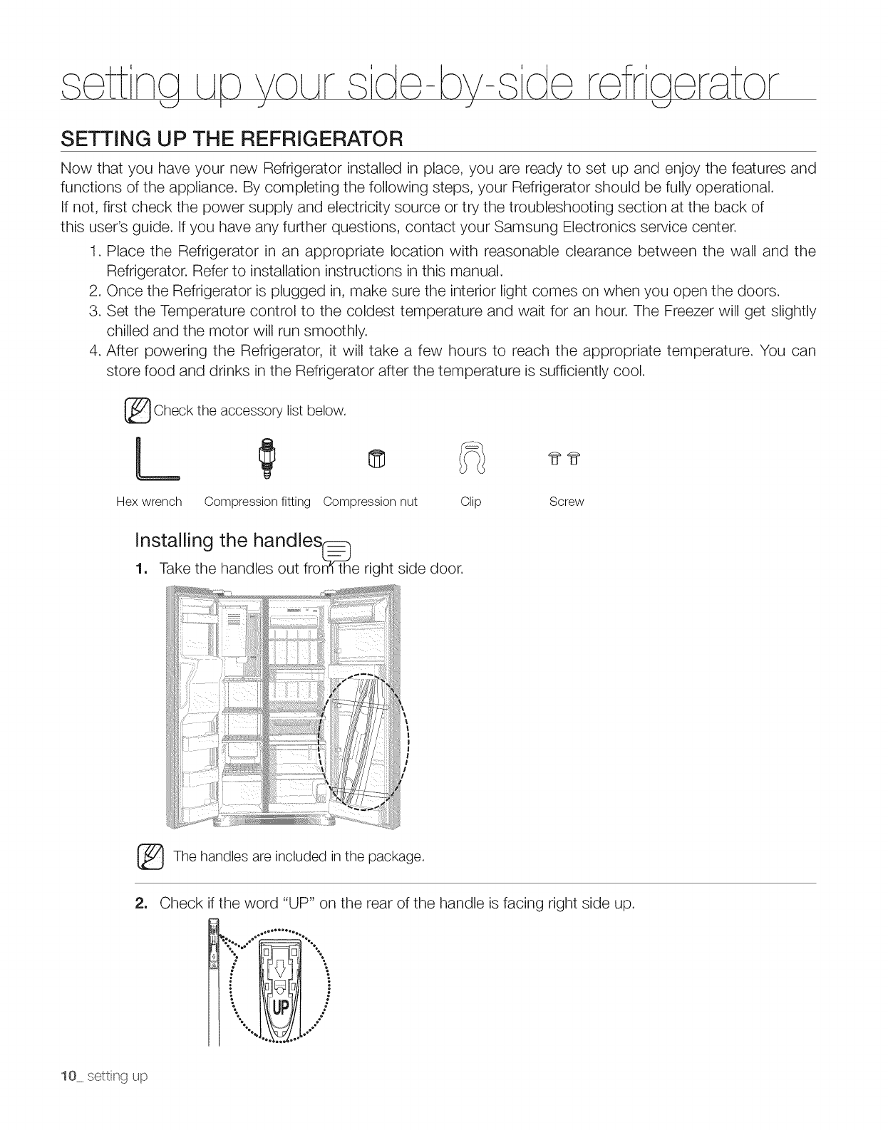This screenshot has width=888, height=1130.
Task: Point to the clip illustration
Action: [x=471, y=457]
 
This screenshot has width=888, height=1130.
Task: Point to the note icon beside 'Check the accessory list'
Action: [x=138, y=411]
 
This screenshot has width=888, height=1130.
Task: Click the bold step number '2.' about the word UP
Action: [x=141, y=903]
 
